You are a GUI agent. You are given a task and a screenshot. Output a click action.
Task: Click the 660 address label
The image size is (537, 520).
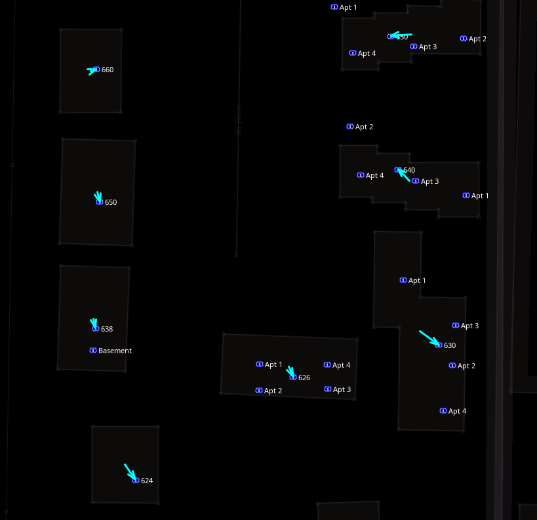(x=108, y=70)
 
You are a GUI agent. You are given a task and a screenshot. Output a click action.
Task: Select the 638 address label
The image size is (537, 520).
(x=107, y=329)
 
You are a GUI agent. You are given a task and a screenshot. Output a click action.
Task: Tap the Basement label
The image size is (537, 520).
(x=115, y=351)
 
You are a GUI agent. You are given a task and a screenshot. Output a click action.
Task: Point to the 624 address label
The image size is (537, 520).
(x=147, y=481)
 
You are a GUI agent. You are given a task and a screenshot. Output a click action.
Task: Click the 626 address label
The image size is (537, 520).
(x=304, y=378)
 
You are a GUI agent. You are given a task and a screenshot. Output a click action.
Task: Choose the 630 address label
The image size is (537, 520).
(x=450, y=345)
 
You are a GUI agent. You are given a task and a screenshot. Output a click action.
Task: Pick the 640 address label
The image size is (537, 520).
(x=409, y=170)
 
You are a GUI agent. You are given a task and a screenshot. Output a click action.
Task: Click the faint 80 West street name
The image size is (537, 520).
(x=239, y=119)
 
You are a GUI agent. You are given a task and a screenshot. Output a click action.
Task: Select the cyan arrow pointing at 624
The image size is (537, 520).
(x=130, y=472)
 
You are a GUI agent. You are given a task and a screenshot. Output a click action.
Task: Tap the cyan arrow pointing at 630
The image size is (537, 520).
(x=429, y=338)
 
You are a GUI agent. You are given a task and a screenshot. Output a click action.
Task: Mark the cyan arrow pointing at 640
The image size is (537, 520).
(x=403, y=175)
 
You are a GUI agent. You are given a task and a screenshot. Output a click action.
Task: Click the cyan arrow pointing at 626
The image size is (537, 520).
(x=290, y=372)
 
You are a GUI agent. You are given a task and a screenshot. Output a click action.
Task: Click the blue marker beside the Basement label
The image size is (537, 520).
(x=93, y=351)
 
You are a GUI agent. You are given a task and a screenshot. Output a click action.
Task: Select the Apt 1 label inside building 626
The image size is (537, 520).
(x=273, y=364)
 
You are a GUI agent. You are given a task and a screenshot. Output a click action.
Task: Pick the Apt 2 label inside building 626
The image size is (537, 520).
(x=273, y=391)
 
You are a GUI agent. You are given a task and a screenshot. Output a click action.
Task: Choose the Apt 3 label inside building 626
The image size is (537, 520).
(x=342, y=389)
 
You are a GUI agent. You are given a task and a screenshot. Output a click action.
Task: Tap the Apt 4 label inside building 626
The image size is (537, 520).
(x=341, y=365)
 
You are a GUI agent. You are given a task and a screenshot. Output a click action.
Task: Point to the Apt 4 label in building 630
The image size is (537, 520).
(x=457, y=411)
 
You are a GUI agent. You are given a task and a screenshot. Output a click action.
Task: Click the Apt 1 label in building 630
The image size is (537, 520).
(x=417, y=280)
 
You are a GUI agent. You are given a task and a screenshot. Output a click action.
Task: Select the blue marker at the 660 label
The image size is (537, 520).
(x=96, y=69)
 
